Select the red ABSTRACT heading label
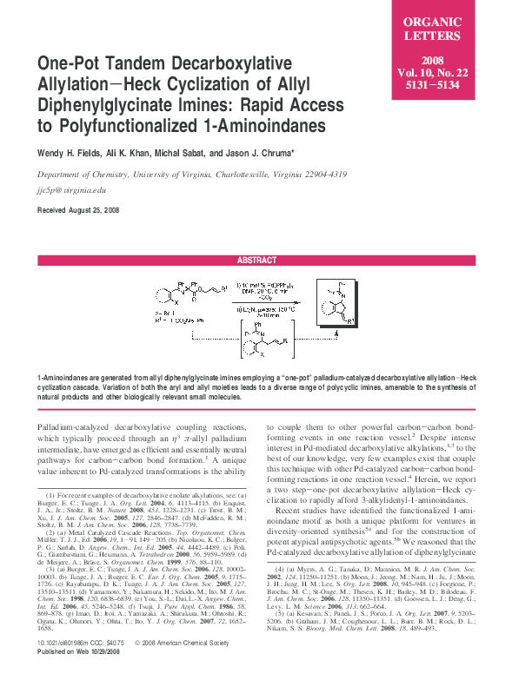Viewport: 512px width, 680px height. tap(256, 261)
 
